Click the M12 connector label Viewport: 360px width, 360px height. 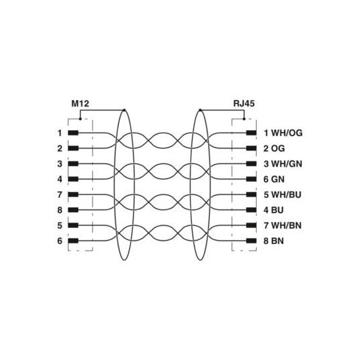[x=80, y=104]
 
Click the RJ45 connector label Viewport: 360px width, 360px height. [x=244, y=104]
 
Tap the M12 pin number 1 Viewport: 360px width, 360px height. [x=60, y=133]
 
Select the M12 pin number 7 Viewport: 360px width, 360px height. [x=60, y=195]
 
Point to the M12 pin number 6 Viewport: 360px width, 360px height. [x=60, y=241]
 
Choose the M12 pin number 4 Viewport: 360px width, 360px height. [x=60, y=179]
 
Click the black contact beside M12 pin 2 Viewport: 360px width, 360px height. [x=73, y=148]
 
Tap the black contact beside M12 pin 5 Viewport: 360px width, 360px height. [x=73, y=225]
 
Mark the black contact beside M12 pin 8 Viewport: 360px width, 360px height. [x=73, y=210]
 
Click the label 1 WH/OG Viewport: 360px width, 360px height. [x=283, y=133]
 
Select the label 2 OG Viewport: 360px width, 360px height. [x=274, y=149]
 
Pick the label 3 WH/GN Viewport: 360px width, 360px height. [x=283, y=164]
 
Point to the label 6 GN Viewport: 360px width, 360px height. [x=274, y=179]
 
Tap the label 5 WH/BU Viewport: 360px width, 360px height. [x=282, y=195]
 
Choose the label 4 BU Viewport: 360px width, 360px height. [x=273, y=210]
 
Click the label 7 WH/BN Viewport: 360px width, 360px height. [x=283, y=225]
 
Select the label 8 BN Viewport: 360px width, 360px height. [x=273, y=241]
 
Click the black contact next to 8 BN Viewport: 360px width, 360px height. [x=251, y=241]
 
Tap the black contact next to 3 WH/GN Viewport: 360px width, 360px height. [x=251, y=164]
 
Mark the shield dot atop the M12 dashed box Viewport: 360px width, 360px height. [x=80, y=119]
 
